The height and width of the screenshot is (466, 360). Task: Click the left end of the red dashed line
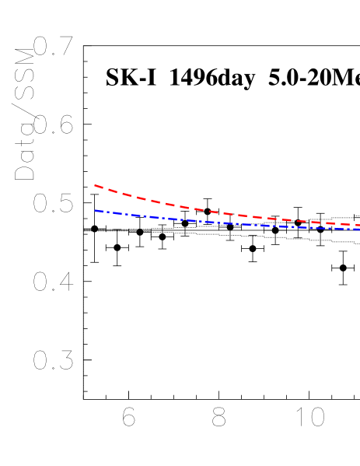pos(95,185)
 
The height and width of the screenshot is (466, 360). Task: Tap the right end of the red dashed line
pos(359,226)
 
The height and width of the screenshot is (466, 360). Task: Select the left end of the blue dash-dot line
pos(95,210)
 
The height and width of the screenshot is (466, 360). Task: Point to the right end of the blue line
pos(359,229)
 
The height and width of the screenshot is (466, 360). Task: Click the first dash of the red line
pos(99,187)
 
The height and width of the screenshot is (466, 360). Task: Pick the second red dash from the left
pos(113,191)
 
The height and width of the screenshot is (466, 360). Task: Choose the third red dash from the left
pos(127,195)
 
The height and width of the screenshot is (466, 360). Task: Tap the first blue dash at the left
pos(100,211)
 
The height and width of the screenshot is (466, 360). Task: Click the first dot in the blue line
pos(109,212)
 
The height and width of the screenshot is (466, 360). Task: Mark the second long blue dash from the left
pos(118,214)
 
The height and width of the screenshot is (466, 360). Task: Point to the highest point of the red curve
pos(95,185)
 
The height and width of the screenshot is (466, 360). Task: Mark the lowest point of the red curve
pos(359,226)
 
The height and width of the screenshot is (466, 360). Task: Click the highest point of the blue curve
pos(95,210)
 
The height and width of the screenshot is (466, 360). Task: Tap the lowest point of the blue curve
pos(359,229)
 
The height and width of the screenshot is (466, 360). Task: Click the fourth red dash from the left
pos(141,199)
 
